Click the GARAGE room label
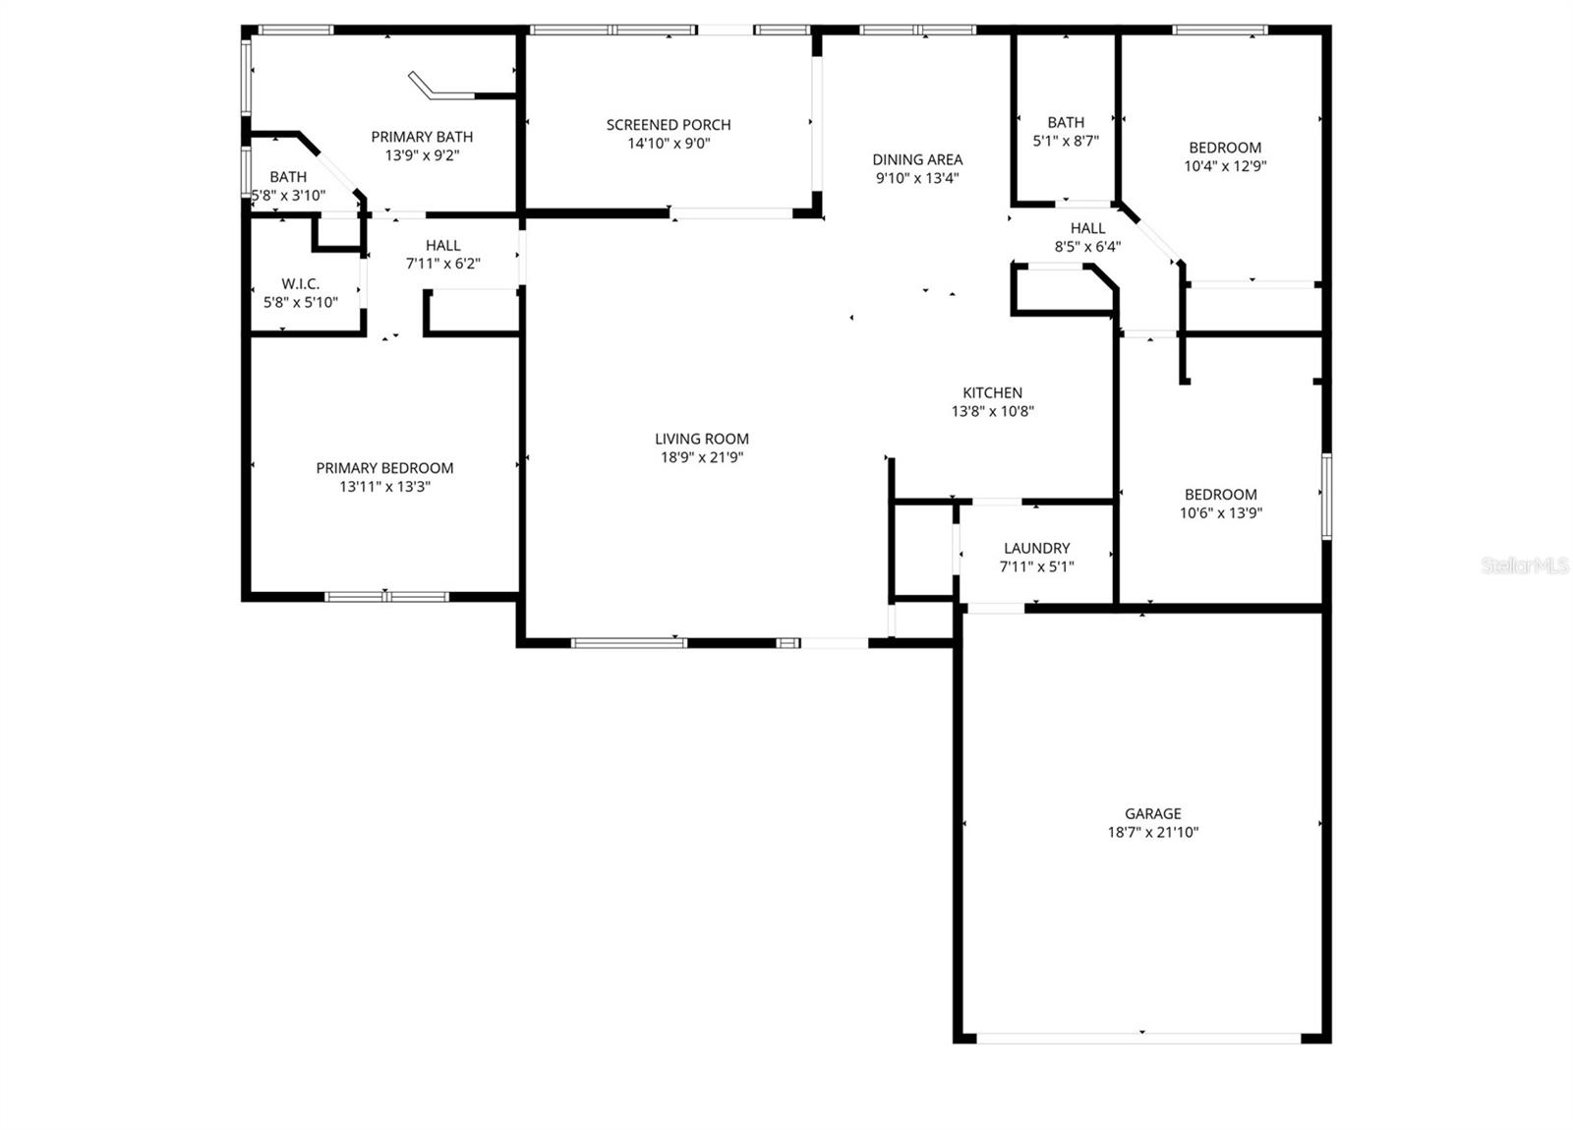[x=1152, y=813]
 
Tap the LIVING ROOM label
[x=701, y=439]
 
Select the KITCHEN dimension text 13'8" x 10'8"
[x=992, y=412]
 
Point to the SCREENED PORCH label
[x=669, y=125]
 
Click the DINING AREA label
[x=917, y=159]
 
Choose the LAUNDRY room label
[x=1036, y=548]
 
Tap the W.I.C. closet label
[x=300, y=284]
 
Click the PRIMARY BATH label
[x=422, y=137]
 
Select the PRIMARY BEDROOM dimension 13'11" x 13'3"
[x=384, y=487]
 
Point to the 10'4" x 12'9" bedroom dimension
[x=1225, y=166]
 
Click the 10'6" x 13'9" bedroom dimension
[x=1221, y=512]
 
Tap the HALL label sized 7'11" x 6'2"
[x=442, y=246]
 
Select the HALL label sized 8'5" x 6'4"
[x=1087, y=228]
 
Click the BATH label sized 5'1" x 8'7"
[x=1066, y=123]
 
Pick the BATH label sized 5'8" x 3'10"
[x=288, y=177]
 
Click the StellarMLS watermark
[x=1525, y=565]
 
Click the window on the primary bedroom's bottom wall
[x=387, y=596]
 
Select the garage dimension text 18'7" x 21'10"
[x=1152, y=832]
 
